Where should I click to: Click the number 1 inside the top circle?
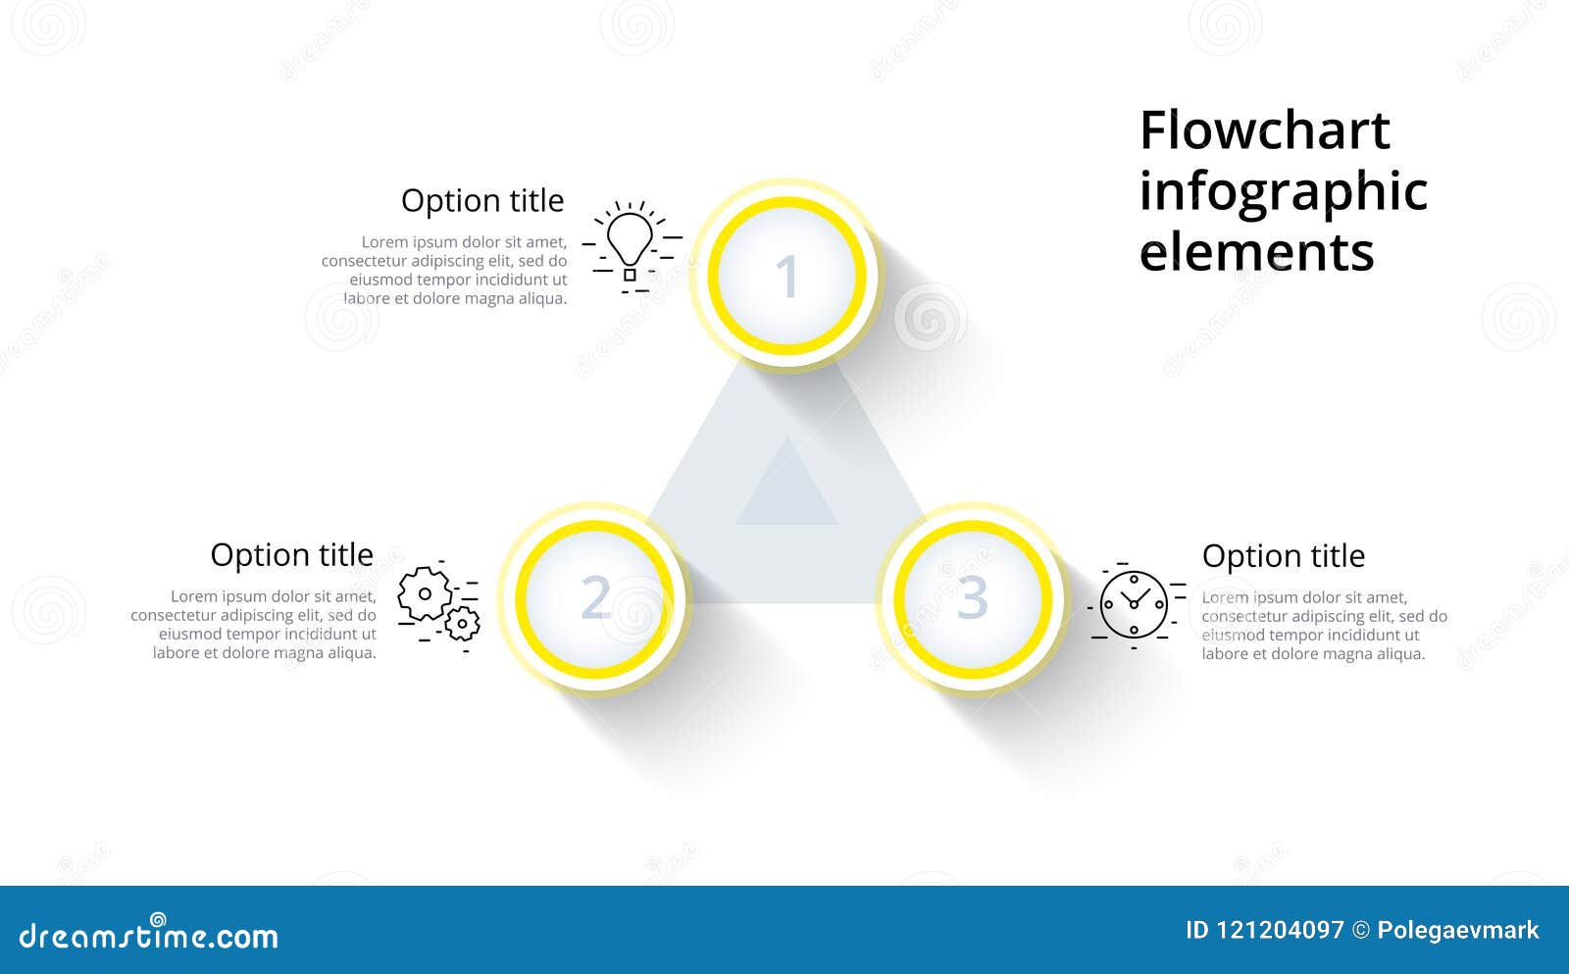click(786, 277)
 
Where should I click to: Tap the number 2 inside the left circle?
click(595, 597)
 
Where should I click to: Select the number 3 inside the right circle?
click(972, 597)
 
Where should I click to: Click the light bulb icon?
click(630, 244)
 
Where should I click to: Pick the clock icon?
click(1134, 604)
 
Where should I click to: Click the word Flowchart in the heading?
click(1264, 130)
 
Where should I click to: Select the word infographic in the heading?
click(1283, 192)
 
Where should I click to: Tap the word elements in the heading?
click(1256, 252)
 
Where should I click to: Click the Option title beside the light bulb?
click(482, 200)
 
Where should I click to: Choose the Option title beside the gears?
click(291, 555)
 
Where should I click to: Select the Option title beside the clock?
click(1283, 556)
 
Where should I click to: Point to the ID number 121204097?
click(1279, 930)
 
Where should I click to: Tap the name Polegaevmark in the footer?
click(1457, 930)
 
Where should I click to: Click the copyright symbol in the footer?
click(1360, 930)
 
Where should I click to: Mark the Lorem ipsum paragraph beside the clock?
click(1324, 626)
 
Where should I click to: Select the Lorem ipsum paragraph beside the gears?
click(255, 625)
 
